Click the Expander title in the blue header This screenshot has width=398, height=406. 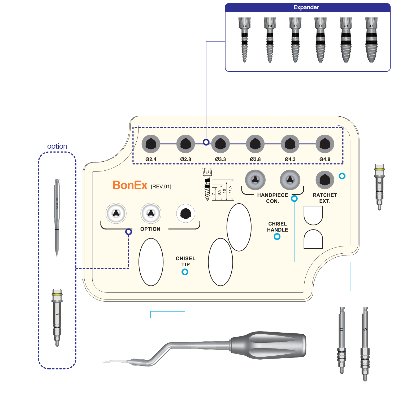pyautogui.click(x=306, y=7)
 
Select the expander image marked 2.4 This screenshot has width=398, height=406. pyautogui.click(x=244, y=40)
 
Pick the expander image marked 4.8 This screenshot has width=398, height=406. pyautogui.click(x=371, y=40)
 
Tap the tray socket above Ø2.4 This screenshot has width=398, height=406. pyautogui.click(x=151, y=144)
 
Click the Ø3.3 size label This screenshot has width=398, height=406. pyautogui.click(x=220, y=159)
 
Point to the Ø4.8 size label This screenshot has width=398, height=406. pyautogui.click(x=325, y=159)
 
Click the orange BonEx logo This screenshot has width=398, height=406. pyautogui.click(x=130, y=185)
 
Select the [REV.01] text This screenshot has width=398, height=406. pyautogui.click(x=161, y=187)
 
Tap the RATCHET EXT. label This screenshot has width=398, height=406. pyautogui.click(x=325, y=198)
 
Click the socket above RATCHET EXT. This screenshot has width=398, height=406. pyautogui.click(x=325, y=180)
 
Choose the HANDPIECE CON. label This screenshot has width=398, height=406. pyautogui.click(x=272, y=198)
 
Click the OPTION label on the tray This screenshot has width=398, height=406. pyautogui.click(x=150, y=229)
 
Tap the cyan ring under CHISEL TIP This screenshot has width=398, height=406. pyautogui.click(x=185, y=272)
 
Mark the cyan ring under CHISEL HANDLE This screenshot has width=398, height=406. pyautogui.click(x=277, y=236)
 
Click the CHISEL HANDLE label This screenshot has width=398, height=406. pyautogui.click(x=278, y=227)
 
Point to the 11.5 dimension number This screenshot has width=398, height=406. pyautogui.click(x=230, y=189)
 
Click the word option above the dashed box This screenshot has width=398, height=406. pyautogui.click(x=57, y=146)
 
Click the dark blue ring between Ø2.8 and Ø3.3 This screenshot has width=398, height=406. pyautogui.click(x=206, y=142)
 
